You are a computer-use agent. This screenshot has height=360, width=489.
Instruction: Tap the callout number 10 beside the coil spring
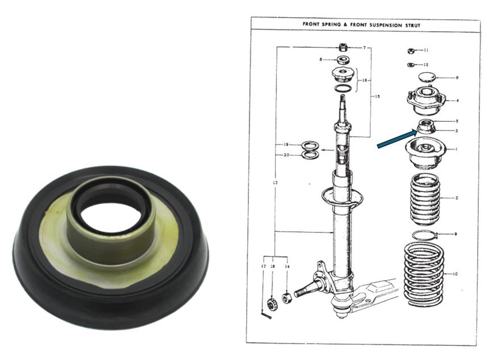click(455, 274)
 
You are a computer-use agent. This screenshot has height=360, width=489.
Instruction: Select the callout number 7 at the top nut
click(364, 48)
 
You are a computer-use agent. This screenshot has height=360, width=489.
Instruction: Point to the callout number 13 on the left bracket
click(275, 182)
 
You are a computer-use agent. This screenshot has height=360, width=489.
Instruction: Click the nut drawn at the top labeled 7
click(343, 48)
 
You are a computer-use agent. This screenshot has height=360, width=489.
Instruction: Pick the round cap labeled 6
click(426, 77)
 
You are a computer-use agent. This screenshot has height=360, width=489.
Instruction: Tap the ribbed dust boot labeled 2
click(425, 197)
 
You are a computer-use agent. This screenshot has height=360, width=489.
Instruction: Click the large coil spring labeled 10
click(424, 274)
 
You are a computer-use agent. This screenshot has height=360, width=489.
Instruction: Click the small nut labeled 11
click(411, 51)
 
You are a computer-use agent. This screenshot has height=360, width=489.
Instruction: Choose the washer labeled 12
click(411, 65)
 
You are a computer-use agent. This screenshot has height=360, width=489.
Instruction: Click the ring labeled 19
click(308, 145)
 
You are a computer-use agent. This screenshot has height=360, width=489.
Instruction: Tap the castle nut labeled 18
click(272, 303)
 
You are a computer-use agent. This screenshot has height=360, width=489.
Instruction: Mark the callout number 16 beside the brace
click(364, 80)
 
